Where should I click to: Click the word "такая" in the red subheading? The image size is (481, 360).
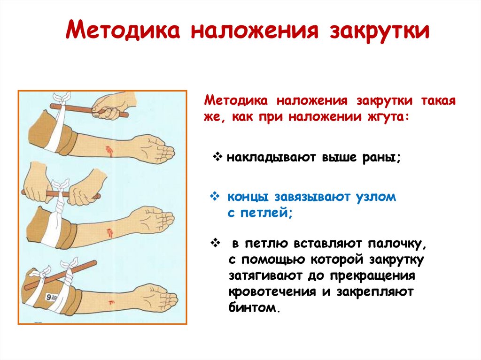(436, 101)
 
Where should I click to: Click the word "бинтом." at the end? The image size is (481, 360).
(256, 308)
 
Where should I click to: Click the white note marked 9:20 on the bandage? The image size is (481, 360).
(51, 297)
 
